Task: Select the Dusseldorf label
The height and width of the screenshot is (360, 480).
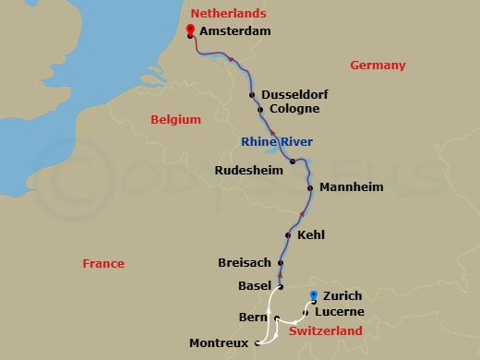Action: point(295,94)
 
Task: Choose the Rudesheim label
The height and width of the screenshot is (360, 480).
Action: point(248,170)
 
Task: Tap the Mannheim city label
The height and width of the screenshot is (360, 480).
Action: point(351,186)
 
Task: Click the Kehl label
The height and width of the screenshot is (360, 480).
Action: point(310,235)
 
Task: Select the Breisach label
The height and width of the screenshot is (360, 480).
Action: point(245,263)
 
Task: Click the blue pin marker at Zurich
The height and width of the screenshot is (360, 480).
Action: point(314,295)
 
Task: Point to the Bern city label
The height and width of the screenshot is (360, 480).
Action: point(252,318)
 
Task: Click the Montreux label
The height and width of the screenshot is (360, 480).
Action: point(218,343)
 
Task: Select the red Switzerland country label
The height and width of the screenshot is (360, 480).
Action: point(325,330)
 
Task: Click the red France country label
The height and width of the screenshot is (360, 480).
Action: point(103,263)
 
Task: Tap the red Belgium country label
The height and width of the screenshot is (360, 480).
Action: point(176,119)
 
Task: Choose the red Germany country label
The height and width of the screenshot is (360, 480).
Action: point(378,65)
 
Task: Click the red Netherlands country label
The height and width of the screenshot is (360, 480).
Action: point(228,13)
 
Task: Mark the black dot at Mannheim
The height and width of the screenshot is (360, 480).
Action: point(312,187)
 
